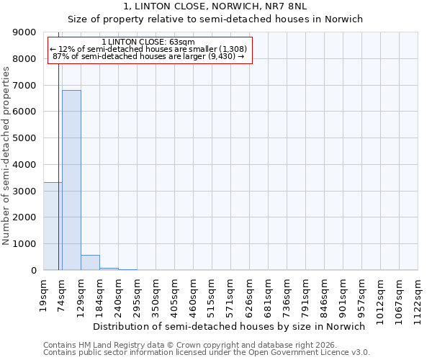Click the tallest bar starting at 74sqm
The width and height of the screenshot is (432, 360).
(x=71, y=180)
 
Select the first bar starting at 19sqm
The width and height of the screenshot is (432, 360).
(x=53, y=226)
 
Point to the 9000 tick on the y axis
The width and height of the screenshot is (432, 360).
(x=24, y=32)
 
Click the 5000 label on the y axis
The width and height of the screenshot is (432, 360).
(x=24, y=138)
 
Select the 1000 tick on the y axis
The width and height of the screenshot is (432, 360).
(x=24, y=244)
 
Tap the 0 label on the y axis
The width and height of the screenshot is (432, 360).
(x=33, y=271)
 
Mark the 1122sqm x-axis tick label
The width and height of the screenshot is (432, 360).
(x=418, y=296)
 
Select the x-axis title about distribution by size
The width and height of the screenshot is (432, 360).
(x=230, y=326)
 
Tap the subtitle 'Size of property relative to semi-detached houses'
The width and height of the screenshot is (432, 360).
(x=215, y=19)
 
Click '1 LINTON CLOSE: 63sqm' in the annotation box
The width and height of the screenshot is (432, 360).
(x=148, y=42)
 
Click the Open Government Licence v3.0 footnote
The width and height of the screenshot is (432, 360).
(x=207, y=353)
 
